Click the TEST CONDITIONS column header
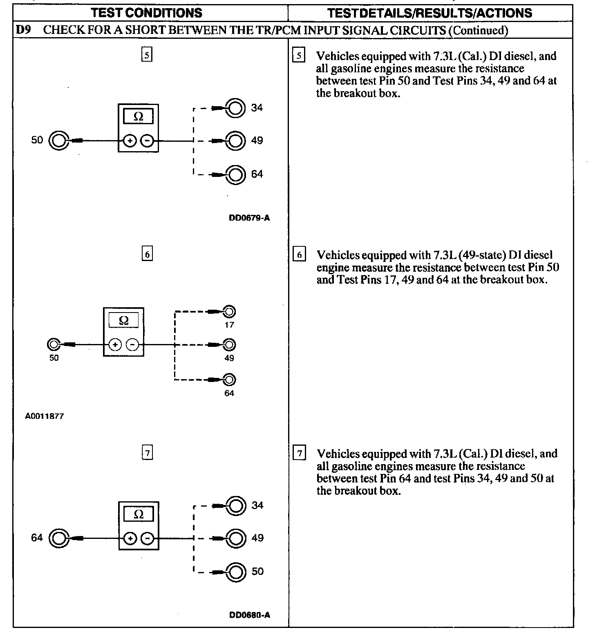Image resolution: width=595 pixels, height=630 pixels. point(147,13)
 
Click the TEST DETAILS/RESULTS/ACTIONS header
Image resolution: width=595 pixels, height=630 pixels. point(430,13)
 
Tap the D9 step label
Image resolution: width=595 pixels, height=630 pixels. point(23,30)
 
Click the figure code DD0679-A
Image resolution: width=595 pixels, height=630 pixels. point(249,218)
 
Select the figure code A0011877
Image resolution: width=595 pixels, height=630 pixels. point(45,416)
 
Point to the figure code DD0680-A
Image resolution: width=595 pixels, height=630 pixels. point(250,615)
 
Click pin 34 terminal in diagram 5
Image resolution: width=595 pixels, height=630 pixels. point(236,108)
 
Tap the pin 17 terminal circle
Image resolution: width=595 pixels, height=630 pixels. point(229,312)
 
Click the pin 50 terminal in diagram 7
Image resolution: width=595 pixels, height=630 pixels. point(236,572)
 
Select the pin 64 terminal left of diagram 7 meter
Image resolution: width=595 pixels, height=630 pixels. point(58,538)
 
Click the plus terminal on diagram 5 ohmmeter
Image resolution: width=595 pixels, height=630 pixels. point(130,141)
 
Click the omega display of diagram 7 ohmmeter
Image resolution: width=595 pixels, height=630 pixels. point(139,514)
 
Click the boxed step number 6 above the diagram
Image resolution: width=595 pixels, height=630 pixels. point(147,254)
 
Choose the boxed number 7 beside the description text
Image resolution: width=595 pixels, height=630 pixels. point(300,454)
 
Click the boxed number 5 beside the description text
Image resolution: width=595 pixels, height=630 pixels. point(299,55)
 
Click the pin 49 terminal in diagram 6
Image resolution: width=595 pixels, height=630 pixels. point(229,345)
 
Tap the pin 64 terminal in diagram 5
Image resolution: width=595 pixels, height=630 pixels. point(236,174)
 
